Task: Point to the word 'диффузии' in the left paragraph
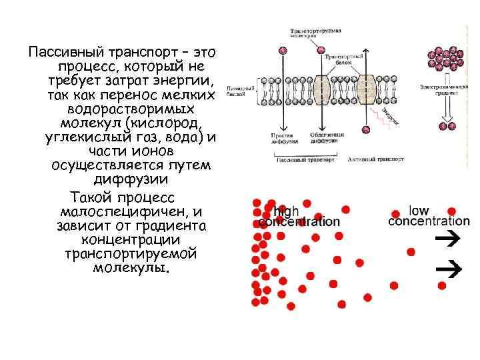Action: (130, 179)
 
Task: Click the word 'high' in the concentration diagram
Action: (287, 211)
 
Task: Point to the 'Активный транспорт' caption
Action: (371, 159)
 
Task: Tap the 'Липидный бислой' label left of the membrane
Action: (239, 91)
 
